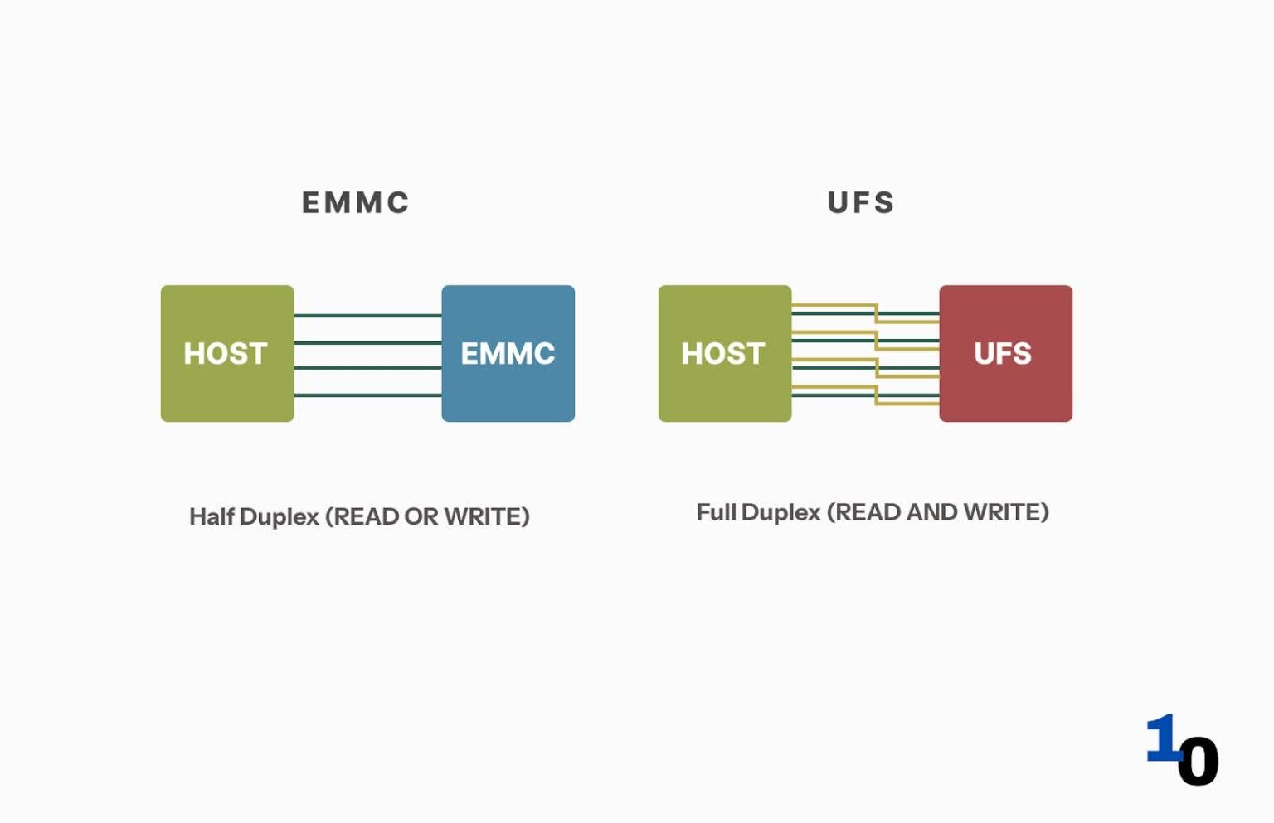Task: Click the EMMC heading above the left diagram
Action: (355, 203)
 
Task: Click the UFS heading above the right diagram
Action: (861, 203)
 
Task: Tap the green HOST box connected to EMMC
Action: (226, 354)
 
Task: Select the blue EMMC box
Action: (508, 354)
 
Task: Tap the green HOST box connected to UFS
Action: (724, 354)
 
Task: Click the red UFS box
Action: (1005, 354)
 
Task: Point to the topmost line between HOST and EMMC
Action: (367, 316)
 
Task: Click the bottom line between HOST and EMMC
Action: (367, 395)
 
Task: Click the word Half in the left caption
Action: (212, 516)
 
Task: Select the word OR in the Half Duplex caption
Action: (421, 516)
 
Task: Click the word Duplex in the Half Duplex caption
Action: (279, 516)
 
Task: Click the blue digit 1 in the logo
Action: (1162, 738)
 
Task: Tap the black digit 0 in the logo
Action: (1198, 762)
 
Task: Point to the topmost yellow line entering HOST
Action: (829, 306)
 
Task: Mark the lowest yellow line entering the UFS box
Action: (908, 404)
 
